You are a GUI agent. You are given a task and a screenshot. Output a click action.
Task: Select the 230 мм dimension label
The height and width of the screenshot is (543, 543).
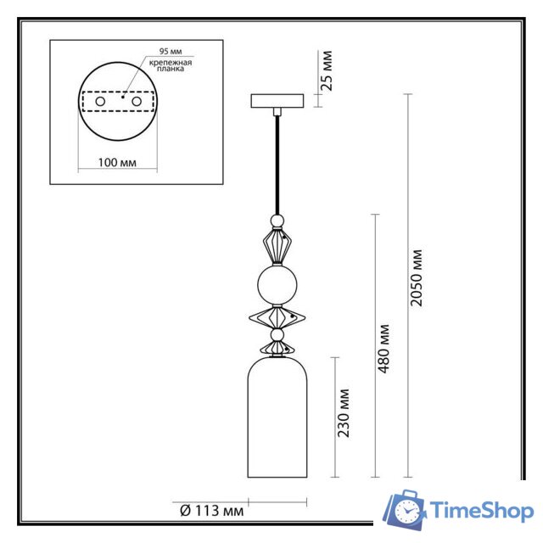[344, 413]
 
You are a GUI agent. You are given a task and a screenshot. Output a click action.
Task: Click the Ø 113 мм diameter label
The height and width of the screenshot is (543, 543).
[207, 510]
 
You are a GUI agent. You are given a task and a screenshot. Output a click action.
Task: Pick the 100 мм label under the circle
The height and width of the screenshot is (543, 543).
[118, 160]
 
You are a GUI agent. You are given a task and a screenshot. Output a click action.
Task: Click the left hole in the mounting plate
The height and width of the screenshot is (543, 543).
[101, 102]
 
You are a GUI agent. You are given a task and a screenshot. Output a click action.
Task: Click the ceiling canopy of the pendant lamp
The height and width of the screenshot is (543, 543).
[277, 100]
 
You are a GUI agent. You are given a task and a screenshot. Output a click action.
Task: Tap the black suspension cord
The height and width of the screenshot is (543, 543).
[277, 161]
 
